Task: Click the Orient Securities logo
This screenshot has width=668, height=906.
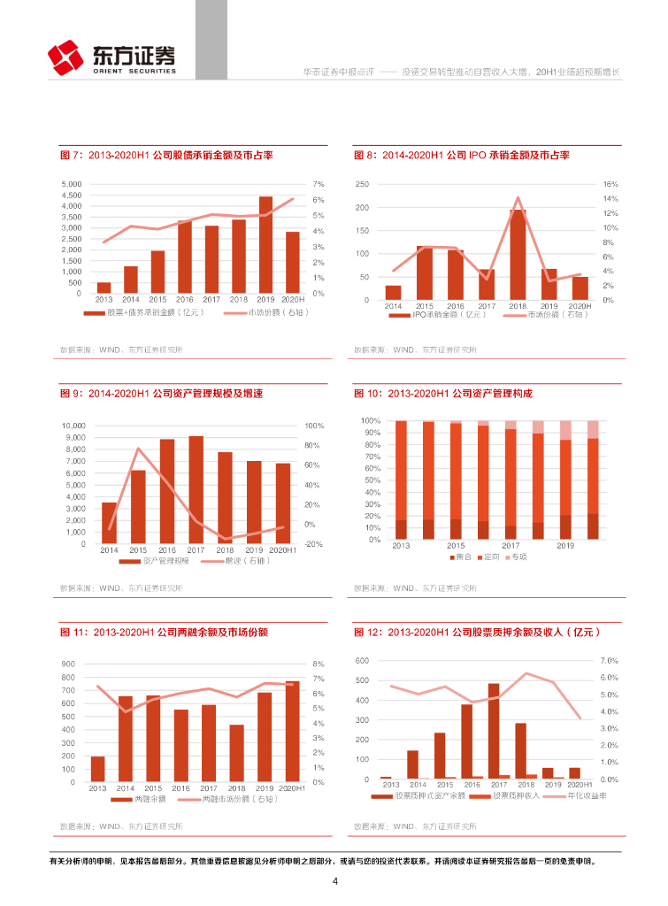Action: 112,58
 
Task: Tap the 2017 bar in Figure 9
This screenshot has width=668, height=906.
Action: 196,490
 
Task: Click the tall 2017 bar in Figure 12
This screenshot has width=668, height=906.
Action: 493,731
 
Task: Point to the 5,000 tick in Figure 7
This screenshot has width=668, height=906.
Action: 71,184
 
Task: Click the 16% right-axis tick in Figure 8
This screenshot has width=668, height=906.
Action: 610,184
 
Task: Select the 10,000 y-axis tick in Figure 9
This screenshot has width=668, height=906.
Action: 73,426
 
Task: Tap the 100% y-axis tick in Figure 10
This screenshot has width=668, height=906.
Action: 371,421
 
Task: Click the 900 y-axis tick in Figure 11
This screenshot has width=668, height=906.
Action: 68,664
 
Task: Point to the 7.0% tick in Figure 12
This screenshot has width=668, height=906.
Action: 608,661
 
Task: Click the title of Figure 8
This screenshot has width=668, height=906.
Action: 461,155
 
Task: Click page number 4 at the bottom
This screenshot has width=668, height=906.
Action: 334,881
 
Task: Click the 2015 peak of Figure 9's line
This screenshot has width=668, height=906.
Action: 138,449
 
